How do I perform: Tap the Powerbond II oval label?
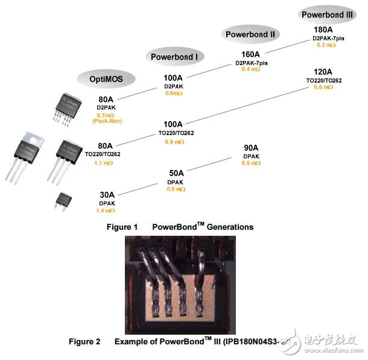[250, 34]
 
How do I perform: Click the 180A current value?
[323, 30]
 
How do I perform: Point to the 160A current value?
[250, 54]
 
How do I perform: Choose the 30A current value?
[106, 195]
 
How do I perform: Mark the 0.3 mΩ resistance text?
[325, 45]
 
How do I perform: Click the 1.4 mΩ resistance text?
[105, 210]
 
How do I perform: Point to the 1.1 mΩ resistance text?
[106, 163]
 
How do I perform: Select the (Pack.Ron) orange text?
[106, 121]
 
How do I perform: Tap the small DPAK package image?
[62, 200]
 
